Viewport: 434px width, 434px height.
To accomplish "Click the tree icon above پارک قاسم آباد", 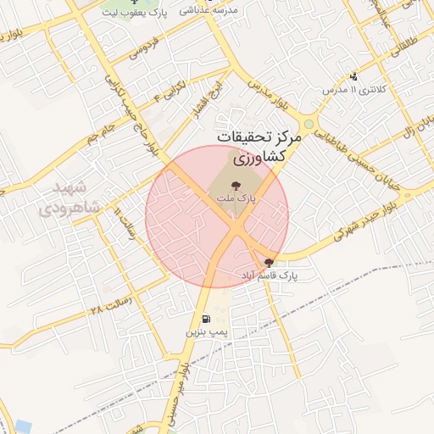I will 270,263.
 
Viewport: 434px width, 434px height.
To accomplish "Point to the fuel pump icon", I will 208,320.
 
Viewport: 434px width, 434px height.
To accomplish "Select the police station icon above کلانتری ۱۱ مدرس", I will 353,76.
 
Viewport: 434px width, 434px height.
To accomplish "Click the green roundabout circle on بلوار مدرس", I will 309,125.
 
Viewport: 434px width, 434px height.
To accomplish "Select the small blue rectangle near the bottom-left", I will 18,426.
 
